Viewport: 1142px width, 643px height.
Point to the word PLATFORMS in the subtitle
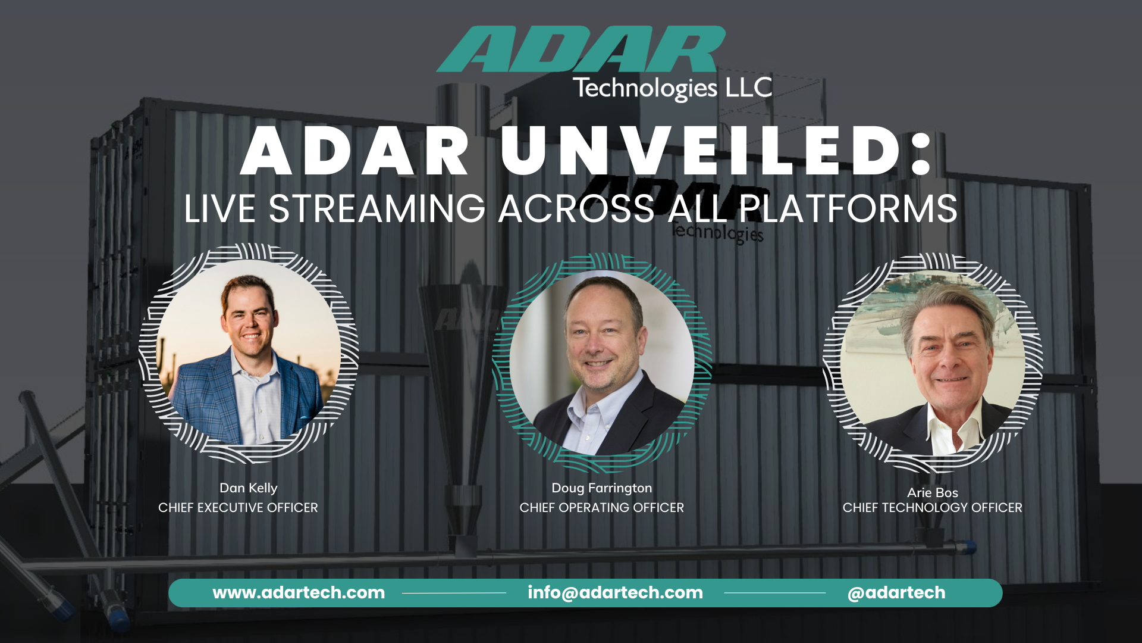(848, 210)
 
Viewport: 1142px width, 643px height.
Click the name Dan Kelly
(248, 488)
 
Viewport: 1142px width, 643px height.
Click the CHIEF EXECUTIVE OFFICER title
(238, 508)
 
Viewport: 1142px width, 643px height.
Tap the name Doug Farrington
(601, 488)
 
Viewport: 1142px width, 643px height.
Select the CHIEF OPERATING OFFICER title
(601, 508)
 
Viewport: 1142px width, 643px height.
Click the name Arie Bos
(932, 493)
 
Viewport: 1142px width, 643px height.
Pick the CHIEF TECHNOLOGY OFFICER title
(932, 508)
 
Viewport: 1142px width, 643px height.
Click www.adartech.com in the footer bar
(299, 593)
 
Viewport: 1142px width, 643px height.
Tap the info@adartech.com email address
(615, 593)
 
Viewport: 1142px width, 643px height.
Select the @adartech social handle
(896, 593)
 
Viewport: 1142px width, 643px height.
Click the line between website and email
(453, 593)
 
